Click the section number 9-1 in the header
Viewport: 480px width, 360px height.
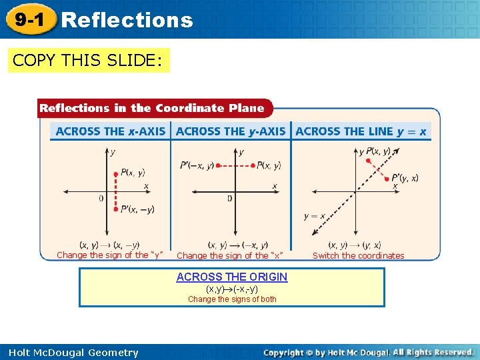(30, 19)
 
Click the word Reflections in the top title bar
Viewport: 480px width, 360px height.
(127, 20)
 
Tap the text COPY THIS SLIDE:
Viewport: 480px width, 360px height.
(87, 61)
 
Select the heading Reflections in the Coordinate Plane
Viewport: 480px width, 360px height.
(152, 108)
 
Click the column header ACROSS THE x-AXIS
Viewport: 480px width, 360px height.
(111, 131)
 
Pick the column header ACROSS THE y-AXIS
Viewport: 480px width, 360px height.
(231, 131)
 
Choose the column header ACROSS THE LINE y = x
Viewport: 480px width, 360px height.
(361, 131)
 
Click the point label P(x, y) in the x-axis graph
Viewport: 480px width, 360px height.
(133, 172)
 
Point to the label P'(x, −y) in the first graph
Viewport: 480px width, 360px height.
(137, 209)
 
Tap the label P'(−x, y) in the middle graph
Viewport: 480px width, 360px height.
(197, 165)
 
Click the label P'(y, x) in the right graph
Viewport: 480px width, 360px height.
(405, 177)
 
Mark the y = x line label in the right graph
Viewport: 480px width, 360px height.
(315, 215)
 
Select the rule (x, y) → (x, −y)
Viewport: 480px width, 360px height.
(109, 245)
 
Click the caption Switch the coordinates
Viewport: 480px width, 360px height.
(358, 255)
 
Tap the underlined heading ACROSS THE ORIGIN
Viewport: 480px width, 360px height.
(232, 277)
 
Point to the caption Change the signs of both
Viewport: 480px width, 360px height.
(232, 299)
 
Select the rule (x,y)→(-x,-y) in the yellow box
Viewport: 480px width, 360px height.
(232, 289)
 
